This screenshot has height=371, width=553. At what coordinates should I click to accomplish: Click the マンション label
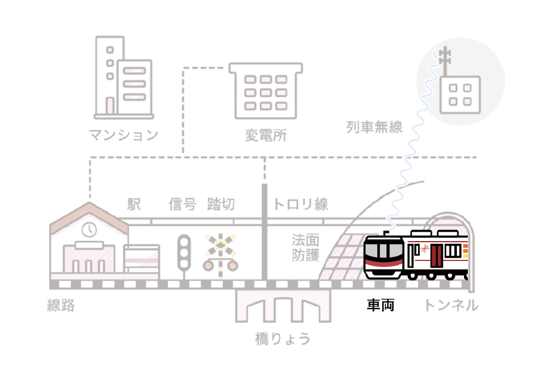pyautogui.click(x=123, y=135)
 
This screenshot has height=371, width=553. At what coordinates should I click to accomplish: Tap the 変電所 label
pyautogui.click(x=266, y=135)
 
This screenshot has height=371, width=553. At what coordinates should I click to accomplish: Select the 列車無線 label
pyautogui.click(x=374, y=127)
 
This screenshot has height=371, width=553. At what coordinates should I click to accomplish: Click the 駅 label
pyautogui.click(x=134, y=204)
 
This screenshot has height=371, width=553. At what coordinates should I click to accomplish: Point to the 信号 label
pyautogui.click(x=182, y=204)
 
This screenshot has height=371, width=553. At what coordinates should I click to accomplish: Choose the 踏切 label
pyautogui.click(x=221, y=204)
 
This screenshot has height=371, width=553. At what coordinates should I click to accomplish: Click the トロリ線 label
pyautogui.click(x=300, y=204)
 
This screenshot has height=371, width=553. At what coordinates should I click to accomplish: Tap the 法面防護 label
pyautogui.click(x=305, y=248)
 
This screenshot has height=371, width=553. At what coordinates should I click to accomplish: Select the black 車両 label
pyautogui.click(x=380, y=305)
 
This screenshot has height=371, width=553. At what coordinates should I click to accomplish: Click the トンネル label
pyautogui.click(x=451, y=305)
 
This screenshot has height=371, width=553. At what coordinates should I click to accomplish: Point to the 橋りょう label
pyautogui.click(x=283, y=339)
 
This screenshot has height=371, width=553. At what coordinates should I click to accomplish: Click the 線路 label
pyautogui.click(x=61, y=305)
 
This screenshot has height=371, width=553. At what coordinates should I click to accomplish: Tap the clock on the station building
pyautogui.click(x=89, y=230)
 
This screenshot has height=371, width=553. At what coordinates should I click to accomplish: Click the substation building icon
pyautogui.click(x=266, y=91)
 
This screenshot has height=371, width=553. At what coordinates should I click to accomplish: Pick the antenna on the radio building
pyautogui.click(x=445, y=61)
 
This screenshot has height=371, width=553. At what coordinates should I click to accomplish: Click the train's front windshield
pyautogui.click(x=384, y=250)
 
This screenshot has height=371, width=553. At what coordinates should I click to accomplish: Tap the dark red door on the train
pyautogui.click(x=436, y=256)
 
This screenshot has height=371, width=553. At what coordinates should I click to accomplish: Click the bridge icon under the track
pyautogui.click(x=283, y=305)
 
